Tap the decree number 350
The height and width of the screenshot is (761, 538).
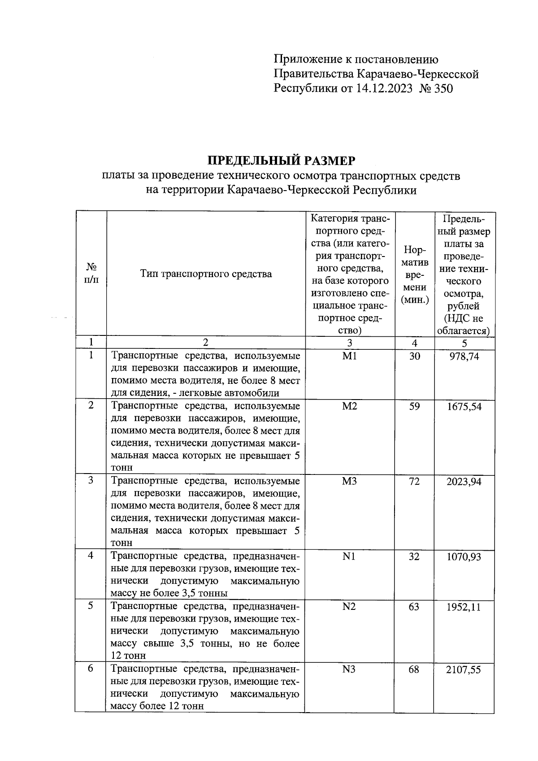point(443,88)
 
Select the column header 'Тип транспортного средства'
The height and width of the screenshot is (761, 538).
point(206,274)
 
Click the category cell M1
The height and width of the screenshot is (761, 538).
point(349,357)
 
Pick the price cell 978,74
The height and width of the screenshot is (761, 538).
point(464,357)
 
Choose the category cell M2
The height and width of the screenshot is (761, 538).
point(349,407)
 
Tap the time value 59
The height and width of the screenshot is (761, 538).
point(414,407)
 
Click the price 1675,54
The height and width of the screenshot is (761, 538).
point(464,407)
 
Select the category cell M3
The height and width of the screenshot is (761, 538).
point(349,482)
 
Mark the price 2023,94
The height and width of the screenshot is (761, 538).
point(464,482)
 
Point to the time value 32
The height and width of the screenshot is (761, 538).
point(414,557)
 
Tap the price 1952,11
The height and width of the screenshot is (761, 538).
point(464,607)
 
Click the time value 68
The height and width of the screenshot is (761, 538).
point(414,670)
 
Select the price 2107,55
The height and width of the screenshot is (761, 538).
point(464,670)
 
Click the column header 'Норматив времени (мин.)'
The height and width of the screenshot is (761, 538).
point(414,274)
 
